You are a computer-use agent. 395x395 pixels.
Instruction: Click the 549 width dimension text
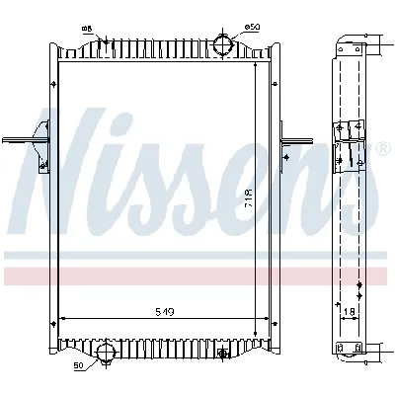click(x=165, y=312)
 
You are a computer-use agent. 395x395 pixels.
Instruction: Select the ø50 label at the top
click(x=253, y=25)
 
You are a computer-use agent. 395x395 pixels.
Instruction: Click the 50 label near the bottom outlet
click(x=78, y=366)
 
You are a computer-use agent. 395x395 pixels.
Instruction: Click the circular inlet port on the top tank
click(x=225, y=45)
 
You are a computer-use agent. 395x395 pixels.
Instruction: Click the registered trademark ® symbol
click(x=382, y=149)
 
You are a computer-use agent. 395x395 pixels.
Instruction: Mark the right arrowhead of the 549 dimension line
click(x=267, y=319)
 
